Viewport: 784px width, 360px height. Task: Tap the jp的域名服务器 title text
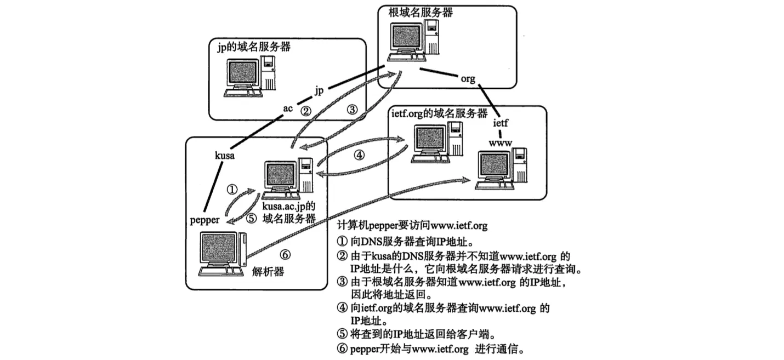click(x=253, y=47)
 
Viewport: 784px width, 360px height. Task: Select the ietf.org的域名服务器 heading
click(x=440, y=113)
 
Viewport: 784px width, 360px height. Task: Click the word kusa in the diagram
click(x=225, y=156)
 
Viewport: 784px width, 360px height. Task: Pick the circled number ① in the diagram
click(x=231, y=190)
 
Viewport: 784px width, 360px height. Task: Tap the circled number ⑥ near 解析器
click(x=285, y=254)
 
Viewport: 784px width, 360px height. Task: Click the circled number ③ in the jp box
click(x=352, y=110)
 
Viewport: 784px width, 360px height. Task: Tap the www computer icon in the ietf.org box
click(x=501, y=168)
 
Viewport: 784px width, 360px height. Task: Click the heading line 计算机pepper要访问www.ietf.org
click(x=410, y=225)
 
